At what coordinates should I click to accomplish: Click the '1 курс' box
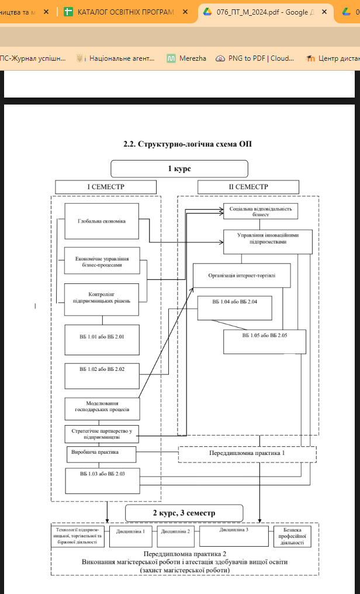coord(179,168)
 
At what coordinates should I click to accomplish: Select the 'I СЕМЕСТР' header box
coord(106,187)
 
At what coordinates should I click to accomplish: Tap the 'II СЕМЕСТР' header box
coord(248,187)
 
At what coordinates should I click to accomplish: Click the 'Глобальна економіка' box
coord(102,221)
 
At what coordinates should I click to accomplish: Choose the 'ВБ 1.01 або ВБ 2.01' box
coord(102,337)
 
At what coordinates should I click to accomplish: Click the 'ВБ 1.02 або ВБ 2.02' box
coord(102,369)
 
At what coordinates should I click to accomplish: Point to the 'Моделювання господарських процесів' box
coord(102,408)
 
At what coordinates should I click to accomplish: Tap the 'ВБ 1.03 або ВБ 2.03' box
coord(102,480)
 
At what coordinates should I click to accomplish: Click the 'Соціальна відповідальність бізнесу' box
coord(261,210)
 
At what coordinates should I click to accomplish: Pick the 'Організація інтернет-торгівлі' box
coord(241,275)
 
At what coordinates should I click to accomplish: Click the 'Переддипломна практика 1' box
coord(247,454)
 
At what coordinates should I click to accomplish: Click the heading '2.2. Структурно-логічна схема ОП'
coord(187,144)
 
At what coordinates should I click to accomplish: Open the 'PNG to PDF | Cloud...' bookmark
coord(254,58)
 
